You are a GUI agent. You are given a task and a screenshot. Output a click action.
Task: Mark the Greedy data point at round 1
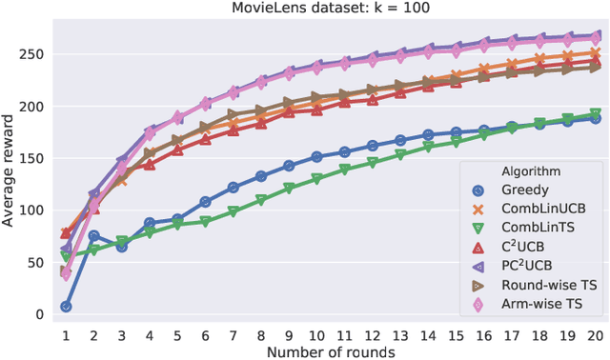click(66, 307)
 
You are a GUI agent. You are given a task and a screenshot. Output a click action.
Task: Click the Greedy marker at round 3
click(122, 246)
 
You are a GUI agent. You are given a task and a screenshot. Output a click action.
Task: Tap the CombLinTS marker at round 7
click(233, 211)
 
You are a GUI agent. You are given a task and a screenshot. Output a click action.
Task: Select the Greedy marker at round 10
click(316, 157)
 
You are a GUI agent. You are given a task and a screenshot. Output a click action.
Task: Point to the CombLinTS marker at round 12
click(373, 162)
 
